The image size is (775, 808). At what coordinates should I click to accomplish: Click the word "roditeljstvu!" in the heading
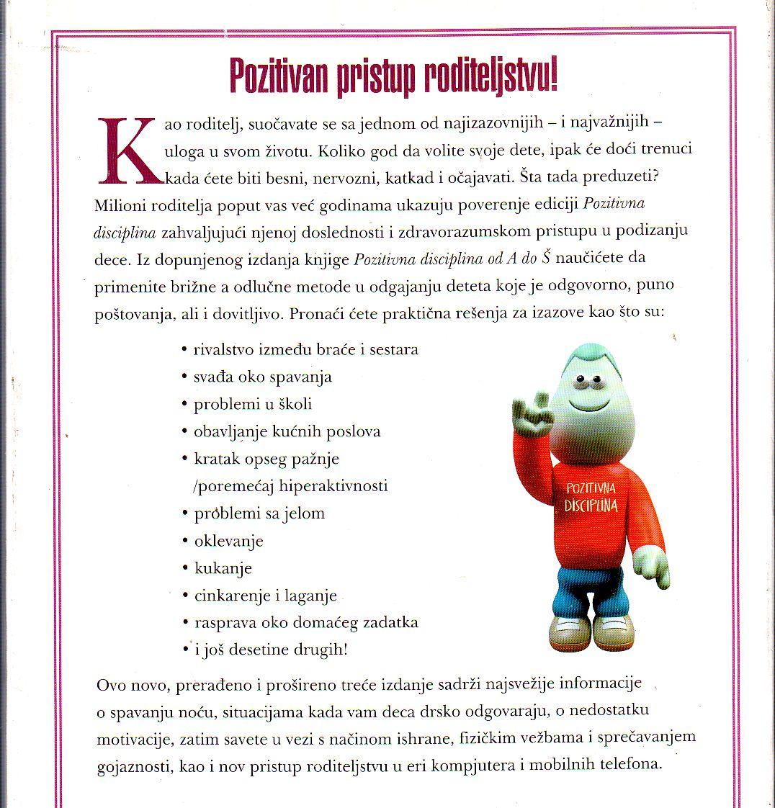click(x=480, y=77)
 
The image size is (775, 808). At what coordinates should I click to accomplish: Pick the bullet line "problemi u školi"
click(x=253, y=404)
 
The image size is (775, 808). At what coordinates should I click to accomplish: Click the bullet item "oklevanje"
click(x=228, y=540)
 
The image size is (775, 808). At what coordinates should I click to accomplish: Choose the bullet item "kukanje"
click(x=223, y=568)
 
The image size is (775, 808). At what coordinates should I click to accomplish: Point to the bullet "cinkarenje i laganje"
click(x=265, y=596)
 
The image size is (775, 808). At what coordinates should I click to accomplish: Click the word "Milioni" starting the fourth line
click(x=118, y=205)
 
